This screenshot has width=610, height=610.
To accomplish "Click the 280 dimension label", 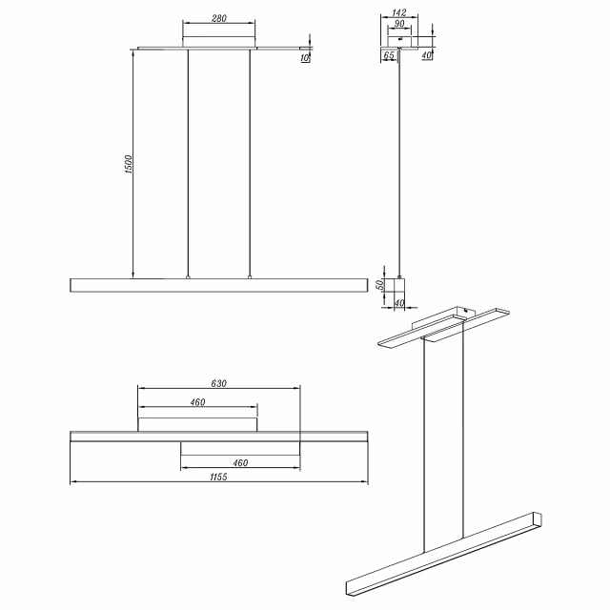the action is tap(219, 18).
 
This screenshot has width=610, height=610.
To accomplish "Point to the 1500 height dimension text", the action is tap(129, 164).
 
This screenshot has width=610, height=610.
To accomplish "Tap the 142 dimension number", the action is tap(399, 12).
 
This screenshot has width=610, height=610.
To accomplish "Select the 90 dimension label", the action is tap(399, 24).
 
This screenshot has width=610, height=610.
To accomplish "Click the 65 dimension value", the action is tap(389, 55).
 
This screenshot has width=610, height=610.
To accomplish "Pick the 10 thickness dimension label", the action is tap(305, 58).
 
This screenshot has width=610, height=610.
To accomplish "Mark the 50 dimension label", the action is tap(380, 284).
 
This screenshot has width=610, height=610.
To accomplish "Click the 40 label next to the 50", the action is tap(399, 303).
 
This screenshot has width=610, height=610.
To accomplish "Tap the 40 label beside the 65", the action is tap(427, 55).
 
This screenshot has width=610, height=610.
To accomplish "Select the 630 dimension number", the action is tap(218, 383).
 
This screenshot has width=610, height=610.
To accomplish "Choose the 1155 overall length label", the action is tap(218, 477).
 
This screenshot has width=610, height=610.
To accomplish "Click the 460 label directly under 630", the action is tap(197, 402).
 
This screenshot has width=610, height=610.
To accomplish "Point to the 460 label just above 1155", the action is tap(240, 463).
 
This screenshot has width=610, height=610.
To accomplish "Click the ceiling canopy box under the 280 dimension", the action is tap(219, 42).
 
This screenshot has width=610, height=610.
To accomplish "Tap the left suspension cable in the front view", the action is tap(188, 163).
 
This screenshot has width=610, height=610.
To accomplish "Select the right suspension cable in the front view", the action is tap(250, 163).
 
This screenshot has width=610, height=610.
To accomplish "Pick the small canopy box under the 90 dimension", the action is tap(399, 42).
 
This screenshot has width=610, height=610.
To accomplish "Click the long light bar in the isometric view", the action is tap(444, 554).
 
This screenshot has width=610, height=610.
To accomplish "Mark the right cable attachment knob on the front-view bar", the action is tap(250, 277).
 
